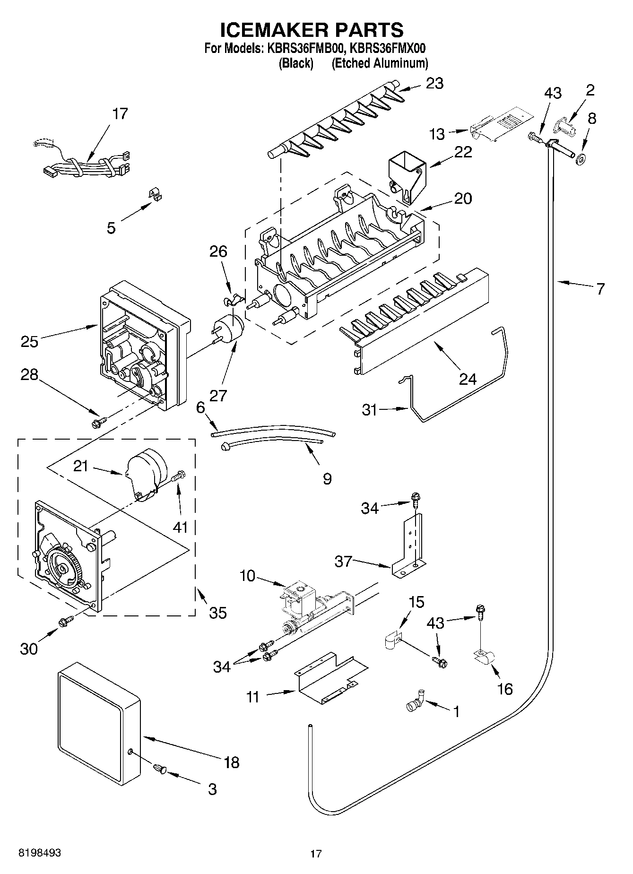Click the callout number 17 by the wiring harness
120,114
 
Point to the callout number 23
434,84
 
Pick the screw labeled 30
66,622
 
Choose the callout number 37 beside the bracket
344,561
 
